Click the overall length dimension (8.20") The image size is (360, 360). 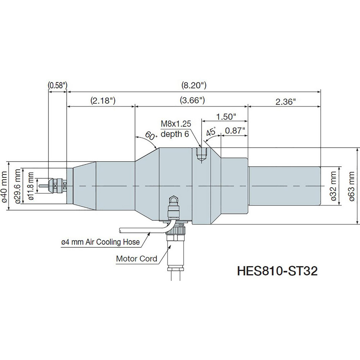pos(194,85)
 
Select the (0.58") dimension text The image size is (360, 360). pos(58,85)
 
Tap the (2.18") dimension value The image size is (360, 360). pos(103,101)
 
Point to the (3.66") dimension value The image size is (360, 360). pos(192,101)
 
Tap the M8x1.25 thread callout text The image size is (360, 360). pos(175,124)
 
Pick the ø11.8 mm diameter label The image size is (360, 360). pos(31,186)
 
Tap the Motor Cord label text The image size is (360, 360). pos(136,258)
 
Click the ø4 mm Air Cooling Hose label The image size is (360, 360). pos(100,242)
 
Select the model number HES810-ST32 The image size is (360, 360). pos(277,271)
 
